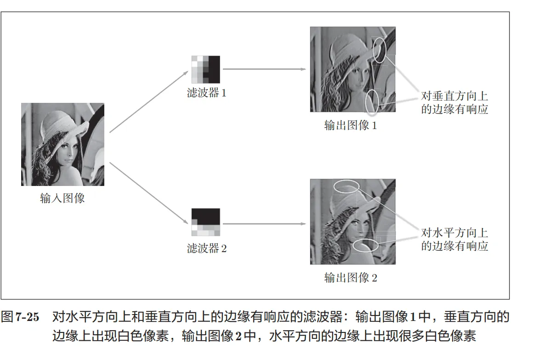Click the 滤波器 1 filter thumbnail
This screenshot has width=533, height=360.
pyautogui.click(x=206, y=69)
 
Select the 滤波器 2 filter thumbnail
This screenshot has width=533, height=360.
pyautogui.click(x=206, y=222)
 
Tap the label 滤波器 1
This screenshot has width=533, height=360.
pyautogui.click(x=206, y=93)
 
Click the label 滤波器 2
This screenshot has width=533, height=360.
pyautogui.click(x=206, y=248)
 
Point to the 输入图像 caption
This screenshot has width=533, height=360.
pyautogui.click(x=62, y=198)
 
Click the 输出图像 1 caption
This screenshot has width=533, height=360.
pyautogui.click(x=351, y=125)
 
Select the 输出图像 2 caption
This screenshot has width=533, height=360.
pyautogui.click(x=351, y=277)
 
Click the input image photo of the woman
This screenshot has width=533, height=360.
pyautogui.click(x=62, y=144)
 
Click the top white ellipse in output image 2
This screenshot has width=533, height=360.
pyautogui.click(x=346, y=180)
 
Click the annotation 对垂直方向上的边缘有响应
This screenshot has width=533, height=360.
pyautogui.click(x=454, y=102)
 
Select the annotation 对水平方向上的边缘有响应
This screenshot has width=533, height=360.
pyautogui.click(x=454, y=239)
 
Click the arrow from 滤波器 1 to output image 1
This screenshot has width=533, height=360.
pyautogui.click(x=265, y=69)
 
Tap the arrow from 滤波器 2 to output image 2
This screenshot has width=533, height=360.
pyautogui.click(x=265, y=224)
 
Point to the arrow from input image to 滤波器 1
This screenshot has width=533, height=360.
pyautogui.click(x=149, y=101)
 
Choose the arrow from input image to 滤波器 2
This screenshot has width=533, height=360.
pyautogui.click(x=149, y=193)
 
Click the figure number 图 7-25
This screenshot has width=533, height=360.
pyautogui.click(x=20, y=317)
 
